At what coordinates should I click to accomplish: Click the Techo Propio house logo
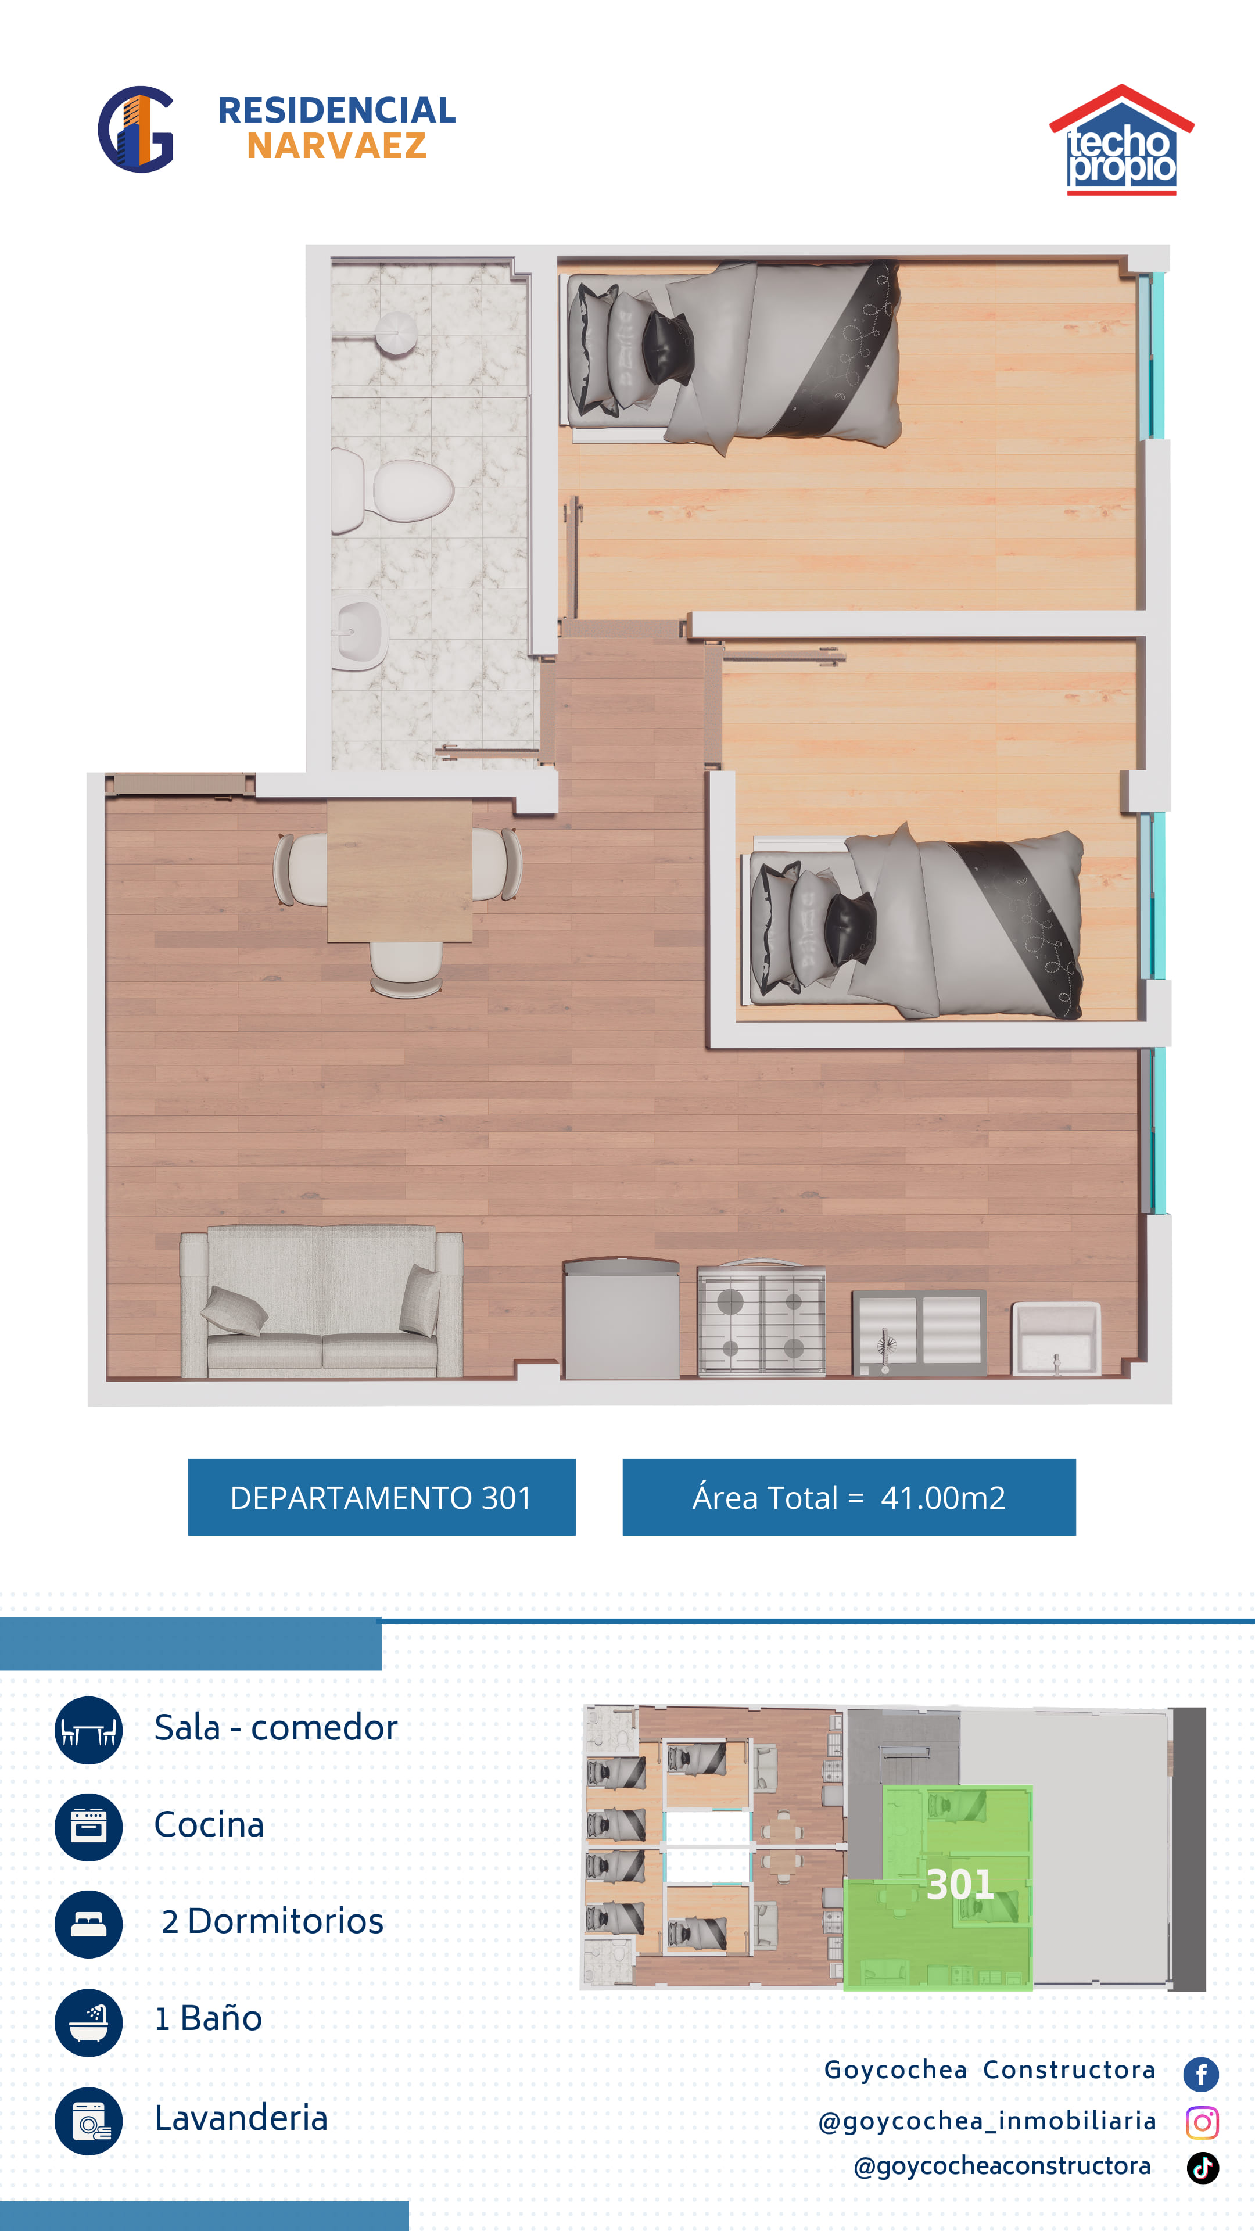point(1121,139)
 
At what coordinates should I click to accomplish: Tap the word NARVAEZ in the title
point(337,146)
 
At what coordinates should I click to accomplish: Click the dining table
point(399,870)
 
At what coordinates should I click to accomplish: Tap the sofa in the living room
point(321,1301)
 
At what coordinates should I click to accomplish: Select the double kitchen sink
point(919,1332)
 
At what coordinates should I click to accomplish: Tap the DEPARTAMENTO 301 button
point(382,1497)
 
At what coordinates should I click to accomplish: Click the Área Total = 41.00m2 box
point(849,1497)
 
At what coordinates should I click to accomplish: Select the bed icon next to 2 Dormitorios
point(88,1924)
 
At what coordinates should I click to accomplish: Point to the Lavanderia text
point(241,2118)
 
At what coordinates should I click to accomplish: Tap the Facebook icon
point(1202,2074)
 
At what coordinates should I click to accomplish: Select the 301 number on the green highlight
point(960,1885)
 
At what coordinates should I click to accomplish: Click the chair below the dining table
point(406,969)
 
